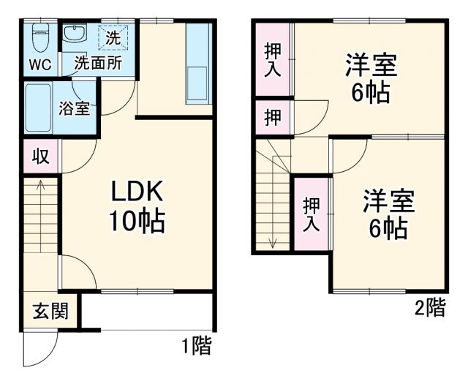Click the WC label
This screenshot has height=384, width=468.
coord(40,64)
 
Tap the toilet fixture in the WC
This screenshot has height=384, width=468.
coord(41,35)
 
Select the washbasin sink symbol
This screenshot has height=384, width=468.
coord(74,34)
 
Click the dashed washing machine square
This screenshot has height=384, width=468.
coord(115,36)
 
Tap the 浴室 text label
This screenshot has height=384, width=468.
coord(75,108)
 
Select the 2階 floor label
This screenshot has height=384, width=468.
coord(429,308)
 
